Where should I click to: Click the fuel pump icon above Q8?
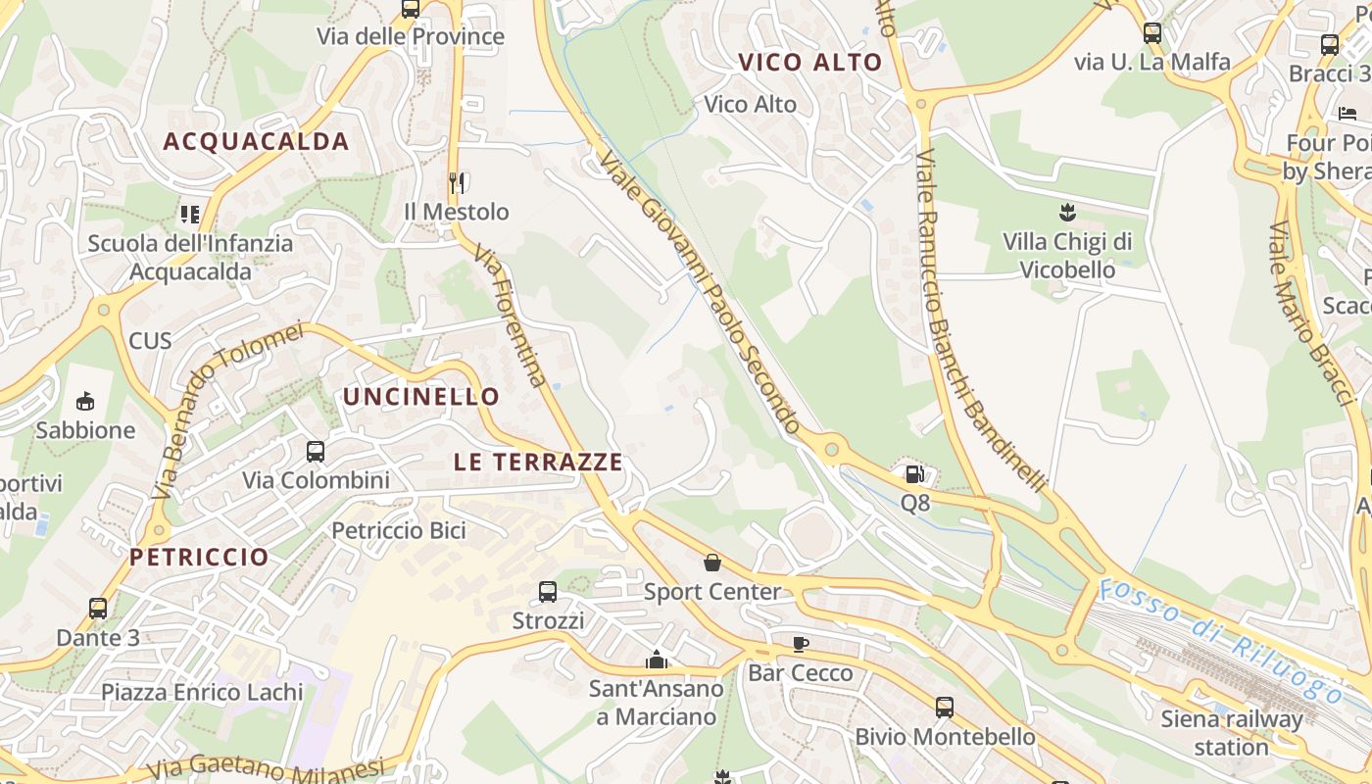coord(914,475)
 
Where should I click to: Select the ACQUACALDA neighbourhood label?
coord(256,141)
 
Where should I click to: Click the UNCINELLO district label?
coord(420,397)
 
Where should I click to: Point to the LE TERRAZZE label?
coord(538,462)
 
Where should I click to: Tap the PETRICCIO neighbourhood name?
coord(199,557)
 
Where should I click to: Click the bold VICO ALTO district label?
coord(810,63)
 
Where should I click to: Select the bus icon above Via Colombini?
coord(316,452)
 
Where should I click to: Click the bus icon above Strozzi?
coord(548,592)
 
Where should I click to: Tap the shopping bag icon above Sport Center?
coord(712,563)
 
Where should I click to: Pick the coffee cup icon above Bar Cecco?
coord(801,645)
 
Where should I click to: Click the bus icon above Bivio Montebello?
coord(945,707)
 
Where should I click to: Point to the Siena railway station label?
coord(1232,732)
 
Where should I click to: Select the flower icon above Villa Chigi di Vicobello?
coord(1067,212)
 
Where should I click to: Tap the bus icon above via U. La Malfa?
coord(1152,32)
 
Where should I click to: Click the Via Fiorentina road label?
coord(511,316)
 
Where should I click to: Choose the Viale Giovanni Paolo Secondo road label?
coord(700,291)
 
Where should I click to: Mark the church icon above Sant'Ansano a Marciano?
coord(657,661)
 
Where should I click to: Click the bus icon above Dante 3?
coord(98,609)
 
